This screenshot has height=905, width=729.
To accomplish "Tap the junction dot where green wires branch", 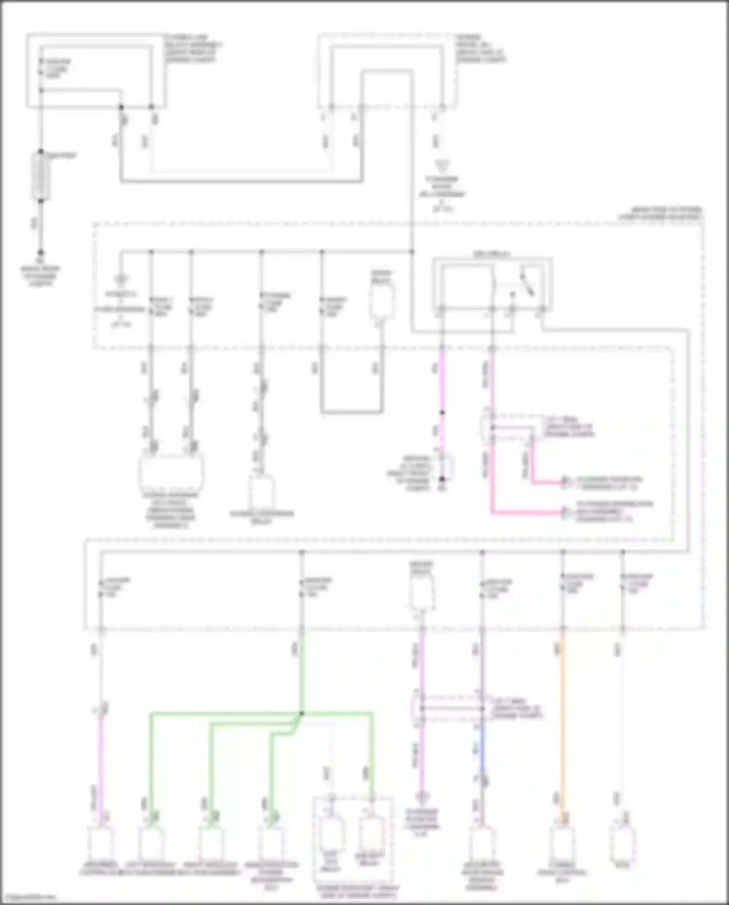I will [301, 713].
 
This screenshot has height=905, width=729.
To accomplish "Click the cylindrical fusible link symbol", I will [41, 176].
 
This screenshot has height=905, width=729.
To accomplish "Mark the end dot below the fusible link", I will [41, 252].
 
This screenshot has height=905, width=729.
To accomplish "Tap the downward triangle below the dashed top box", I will [442, 167].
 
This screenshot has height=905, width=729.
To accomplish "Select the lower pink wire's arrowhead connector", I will [565, 512].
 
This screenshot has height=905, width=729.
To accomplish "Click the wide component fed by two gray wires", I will [171, 472].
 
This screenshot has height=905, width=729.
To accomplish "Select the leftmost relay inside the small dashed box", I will [332, 834].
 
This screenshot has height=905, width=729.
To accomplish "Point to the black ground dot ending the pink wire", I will [442, 479].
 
